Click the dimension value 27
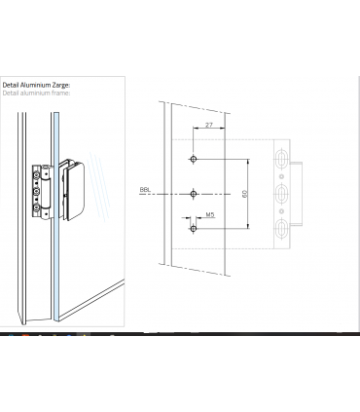(x=209, y=125)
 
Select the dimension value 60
(x=245, y=194)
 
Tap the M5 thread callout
(x=210, y=214)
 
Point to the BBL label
(x=145, y=190)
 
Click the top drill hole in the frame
(x=194, y=159)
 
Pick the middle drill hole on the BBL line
(x=194, y=194)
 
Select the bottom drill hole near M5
(x=194, y=229)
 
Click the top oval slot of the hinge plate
(x=281, y=159)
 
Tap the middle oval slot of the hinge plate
(x=281, y=194)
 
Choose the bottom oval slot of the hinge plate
(x=281, y=229)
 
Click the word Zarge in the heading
(x=61, y=85)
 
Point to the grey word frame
(x=61, y=93)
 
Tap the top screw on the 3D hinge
(x=36, y=175)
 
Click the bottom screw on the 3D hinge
(x=36, y=207)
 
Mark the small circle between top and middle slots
(x=281, y=176)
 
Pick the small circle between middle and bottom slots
(x=281, y=211)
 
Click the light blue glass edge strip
(x=56, y=216)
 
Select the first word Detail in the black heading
(x=11, y=85)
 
